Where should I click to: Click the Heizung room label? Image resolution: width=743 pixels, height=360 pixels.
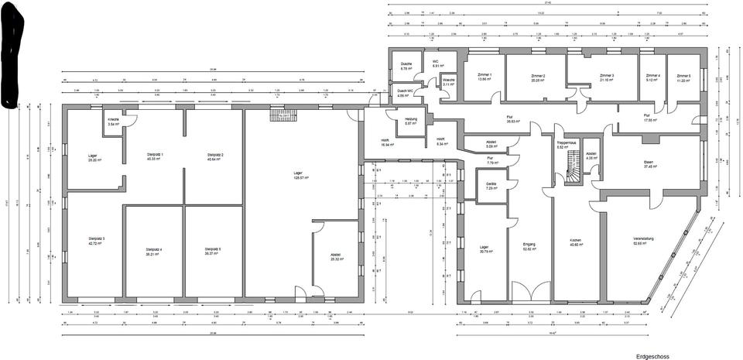(x=411, y=121)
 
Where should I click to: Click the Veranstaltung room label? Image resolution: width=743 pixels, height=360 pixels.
(x=643, y=241)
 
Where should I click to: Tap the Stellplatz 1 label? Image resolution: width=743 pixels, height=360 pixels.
(x=155, y=157)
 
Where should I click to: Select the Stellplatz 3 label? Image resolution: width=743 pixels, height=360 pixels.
(x=96, y=241)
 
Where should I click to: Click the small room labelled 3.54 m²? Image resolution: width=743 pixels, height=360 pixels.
(x=113, y=122)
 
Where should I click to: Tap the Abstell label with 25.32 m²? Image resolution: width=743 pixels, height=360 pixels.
(x=335, y=257)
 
